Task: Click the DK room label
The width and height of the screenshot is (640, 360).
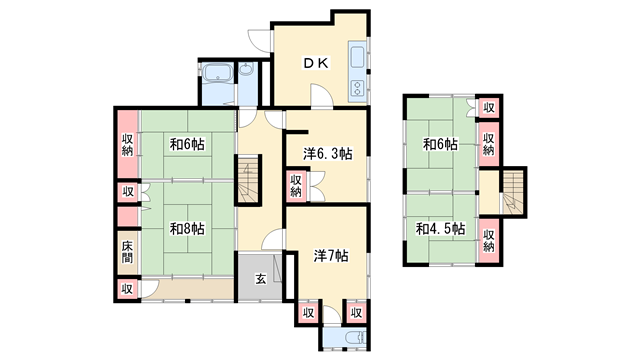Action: (x=316, y=63)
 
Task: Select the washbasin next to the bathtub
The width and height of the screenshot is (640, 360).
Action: (x=246, y=69)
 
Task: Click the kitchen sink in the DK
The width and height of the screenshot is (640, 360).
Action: (x=357, y=57)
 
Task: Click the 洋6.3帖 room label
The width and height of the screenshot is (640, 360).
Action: (x=327, y=154)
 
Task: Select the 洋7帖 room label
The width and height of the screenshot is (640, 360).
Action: (x=331, y=256)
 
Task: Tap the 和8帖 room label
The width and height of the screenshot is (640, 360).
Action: (x=187, y=229)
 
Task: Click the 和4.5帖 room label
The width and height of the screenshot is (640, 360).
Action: (x=440, y=229)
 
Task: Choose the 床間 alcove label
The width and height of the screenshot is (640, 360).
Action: (x=127, y=252)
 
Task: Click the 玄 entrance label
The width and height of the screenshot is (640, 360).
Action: (x=260, y=279)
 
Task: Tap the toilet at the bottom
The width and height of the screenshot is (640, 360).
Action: (x=356, y=338)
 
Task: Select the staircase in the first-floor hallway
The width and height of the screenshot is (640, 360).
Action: (x=249, y=180)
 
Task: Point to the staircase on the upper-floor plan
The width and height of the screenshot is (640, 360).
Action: (x=513, y=191)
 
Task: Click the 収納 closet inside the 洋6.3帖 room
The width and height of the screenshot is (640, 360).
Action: (x=296, y=186)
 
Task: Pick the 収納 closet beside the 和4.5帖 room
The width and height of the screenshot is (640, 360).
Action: (x=489, y=241)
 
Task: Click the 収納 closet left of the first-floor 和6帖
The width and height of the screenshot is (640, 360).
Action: (x=128, y=144)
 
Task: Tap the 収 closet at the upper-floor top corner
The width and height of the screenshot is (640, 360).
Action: (x=489, y=108)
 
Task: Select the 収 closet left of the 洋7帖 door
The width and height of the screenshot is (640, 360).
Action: (x=309, y=313)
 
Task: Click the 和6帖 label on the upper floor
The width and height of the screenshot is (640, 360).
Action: (x=440, y=144)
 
